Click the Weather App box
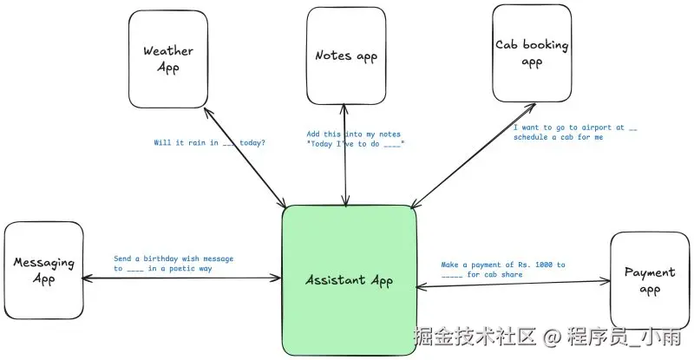(x=168, y=58)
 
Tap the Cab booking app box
(x=530, y=54)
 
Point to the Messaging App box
(x=43, y=269)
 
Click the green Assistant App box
(x=349, y=280)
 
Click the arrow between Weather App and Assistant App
(x=242, y=157)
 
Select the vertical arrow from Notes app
(x=345, y=156)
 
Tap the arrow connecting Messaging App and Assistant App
(x=182, y=278)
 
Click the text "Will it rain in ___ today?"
(x=209, y=142)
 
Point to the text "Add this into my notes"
(x=348, y=134)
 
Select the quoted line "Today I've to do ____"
(x=355, y=144)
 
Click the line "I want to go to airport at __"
(x=575, y=128)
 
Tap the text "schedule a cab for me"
(x=558, y=137)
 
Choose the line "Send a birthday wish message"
(x=173, y=259)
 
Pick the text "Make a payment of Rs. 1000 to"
(x=502, y=265)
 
